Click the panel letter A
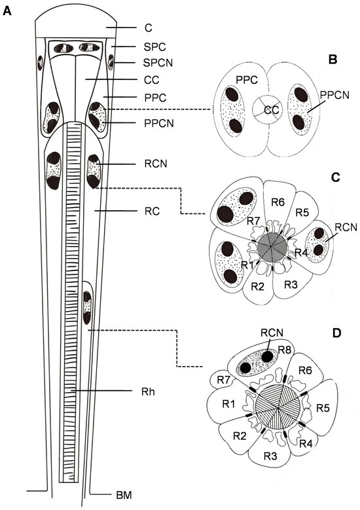(7, 11)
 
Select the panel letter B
(333, 60)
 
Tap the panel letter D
(336, 333)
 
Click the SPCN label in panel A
(158, 63)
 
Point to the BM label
(124, 496)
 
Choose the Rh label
(148, 392)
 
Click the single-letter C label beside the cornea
(149, 28)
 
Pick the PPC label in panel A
(155, 98)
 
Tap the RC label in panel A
(153, 211)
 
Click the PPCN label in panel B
(334, 95)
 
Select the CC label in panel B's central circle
(271, 111)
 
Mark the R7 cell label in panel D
(223, 380)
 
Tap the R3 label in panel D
(270, 456)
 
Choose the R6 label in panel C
(278, 203)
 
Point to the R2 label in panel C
(258, 287)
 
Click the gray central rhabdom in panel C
(272, 247)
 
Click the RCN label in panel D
(272, 333)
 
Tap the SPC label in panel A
(155, 47)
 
